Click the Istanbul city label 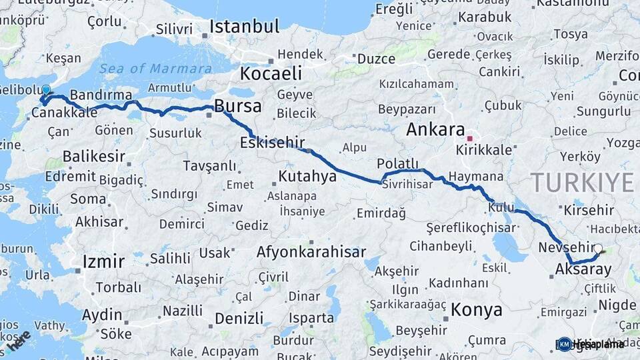[244, 27]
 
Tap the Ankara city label [435, 129]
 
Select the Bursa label [237, 106]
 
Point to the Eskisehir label [273, 142]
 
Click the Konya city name [476, 309]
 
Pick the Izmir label [103, 261]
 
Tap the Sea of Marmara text [156, 68]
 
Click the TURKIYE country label [581, 182]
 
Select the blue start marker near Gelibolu [46, 91]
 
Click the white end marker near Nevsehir [598, 249]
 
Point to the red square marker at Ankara [470, 139]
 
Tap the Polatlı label [397, 163]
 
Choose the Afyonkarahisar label [311, 252]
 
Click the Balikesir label [94, 157]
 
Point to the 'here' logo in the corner [19, 341]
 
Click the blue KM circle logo [565, 344]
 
